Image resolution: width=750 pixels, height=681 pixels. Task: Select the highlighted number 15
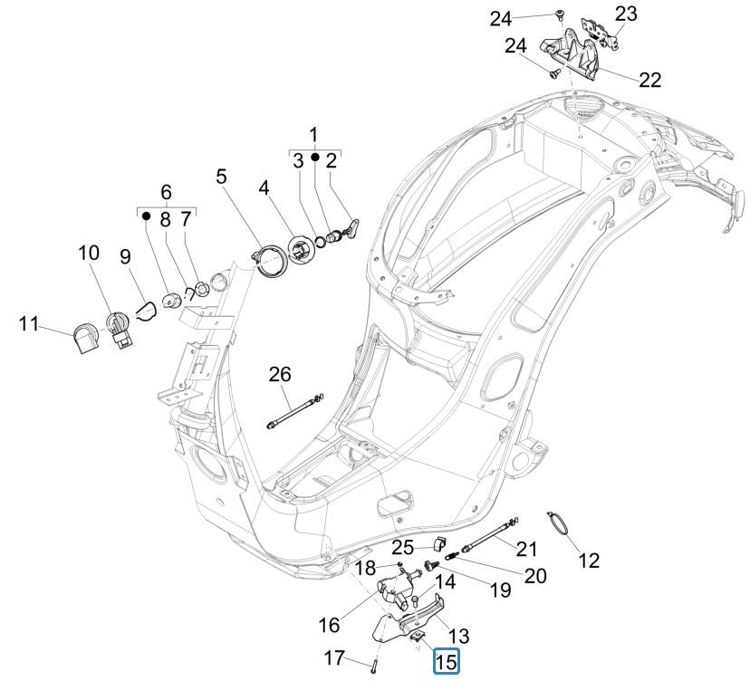click(x=447, y=663)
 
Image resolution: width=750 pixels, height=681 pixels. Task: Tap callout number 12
click(x=589, y=561)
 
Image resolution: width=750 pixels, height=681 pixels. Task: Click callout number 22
click(x=649, y=80)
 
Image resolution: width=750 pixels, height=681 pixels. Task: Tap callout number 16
click(x=329, y=624)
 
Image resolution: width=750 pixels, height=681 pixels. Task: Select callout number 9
click(x=126, y=257)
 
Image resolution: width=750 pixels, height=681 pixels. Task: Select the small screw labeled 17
click(x=373, y=667)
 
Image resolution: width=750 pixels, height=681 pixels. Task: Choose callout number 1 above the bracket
click(x=313, y=136)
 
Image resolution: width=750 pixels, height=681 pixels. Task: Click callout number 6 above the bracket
click(x=166, y=192)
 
